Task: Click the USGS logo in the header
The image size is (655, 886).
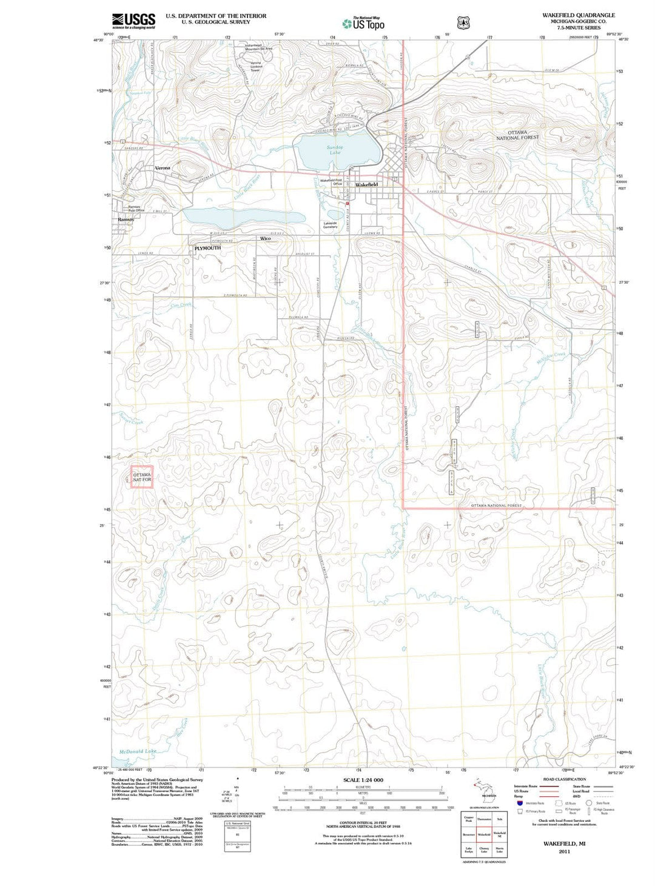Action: [133, 21]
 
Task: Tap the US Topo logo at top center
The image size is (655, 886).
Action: [363, 24]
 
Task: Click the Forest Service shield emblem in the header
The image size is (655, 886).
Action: [464, 23]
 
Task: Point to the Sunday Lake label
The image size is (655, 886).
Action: [335, 150]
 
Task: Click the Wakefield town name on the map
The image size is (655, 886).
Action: [366, 184]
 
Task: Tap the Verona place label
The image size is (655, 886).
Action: [163, 168]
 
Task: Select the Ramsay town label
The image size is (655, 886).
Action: [126, 220]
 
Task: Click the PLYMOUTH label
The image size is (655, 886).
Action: [207, 248]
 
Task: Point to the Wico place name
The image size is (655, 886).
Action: [266, 238]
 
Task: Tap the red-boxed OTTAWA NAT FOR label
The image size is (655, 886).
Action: [142, 477]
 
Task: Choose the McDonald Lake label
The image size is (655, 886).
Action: [138, 751]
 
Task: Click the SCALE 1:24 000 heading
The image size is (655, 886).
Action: [363, 780]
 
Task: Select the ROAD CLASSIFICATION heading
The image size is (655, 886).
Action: [564, 779]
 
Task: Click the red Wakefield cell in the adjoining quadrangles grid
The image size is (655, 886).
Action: [484, 834]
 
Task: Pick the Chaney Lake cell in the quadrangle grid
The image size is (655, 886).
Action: [484, 850]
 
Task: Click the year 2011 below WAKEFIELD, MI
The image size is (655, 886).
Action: [564, 851]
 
